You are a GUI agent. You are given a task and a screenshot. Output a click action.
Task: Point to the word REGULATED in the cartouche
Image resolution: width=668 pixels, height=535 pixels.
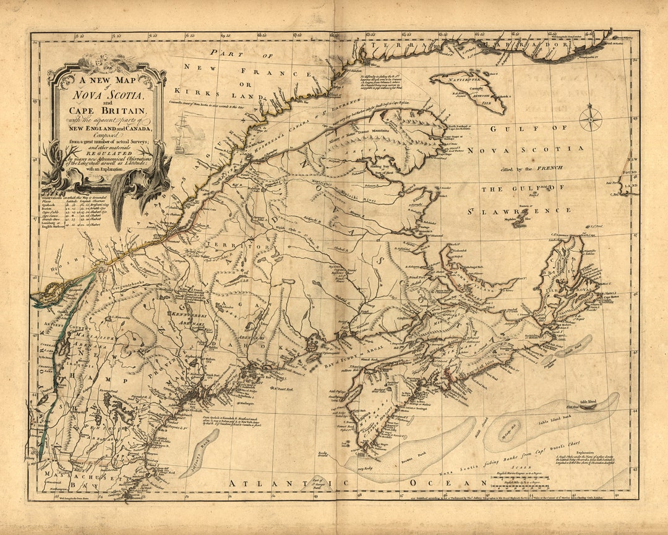tap(108, 150)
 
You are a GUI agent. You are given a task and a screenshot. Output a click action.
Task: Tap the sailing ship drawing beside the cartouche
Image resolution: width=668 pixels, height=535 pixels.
tap(184, 133)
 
